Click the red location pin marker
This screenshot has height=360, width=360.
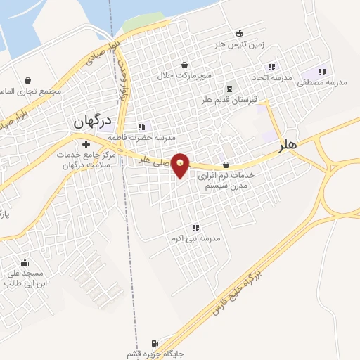[181, 165]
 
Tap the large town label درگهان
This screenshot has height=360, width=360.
[94, 121]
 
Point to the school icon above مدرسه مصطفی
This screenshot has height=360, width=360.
[322, 72]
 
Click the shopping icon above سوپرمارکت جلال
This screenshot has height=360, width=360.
[185, 65]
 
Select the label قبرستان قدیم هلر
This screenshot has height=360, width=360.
[230, 100]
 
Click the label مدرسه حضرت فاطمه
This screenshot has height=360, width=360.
[146, 138]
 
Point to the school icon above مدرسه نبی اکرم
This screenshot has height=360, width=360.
[195, 228]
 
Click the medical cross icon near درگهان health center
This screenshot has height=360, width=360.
[86, 145]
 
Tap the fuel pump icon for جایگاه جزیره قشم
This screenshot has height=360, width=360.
[165, 342]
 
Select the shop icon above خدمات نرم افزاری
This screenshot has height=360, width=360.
[225, 164]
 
